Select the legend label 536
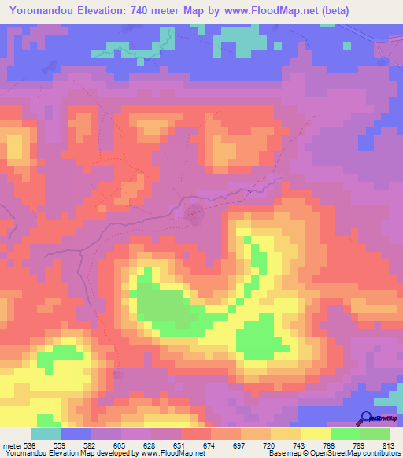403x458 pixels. [x=29, y=445]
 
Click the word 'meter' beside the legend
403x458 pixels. [x=10, y=445]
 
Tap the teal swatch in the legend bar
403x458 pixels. [x=46, y=434]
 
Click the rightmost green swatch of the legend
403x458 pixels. [x=375, y=434]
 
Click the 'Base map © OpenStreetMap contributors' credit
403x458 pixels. [x=331, y=453]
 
